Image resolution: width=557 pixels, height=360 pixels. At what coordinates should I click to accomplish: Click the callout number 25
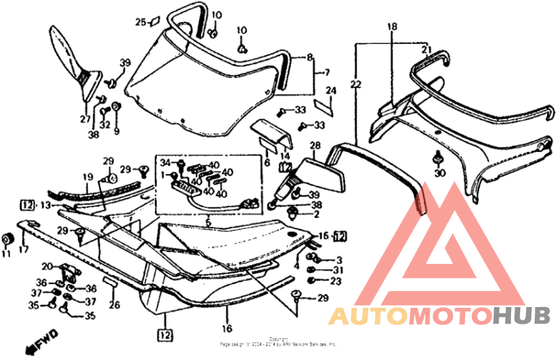pos(139,22)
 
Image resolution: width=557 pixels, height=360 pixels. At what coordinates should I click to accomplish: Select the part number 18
pos(392,26)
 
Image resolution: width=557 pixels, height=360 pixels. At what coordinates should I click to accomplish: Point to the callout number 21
pos(426,49)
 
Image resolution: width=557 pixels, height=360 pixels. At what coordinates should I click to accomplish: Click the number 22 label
pos(356,85)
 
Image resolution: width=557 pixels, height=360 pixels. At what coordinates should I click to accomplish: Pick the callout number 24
pos(331,91)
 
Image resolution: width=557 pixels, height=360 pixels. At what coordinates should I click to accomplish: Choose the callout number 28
pos(315,146)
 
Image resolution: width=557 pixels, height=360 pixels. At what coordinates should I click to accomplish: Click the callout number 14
pos(285,157)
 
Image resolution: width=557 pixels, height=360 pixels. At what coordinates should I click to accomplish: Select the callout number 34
pos(165,164)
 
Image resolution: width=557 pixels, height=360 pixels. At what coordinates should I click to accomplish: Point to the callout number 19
pos(88,177)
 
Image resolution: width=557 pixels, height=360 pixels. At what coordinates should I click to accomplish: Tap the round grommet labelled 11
pos(8,240)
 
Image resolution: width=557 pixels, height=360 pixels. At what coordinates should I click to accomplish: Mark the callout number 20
pos(47,267)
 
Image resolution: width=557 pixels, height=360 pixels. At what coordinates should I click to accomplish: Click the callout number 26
pos(114,304)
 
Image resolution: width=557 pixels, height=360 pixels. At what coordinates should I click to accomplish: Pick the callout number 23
pos(336,281)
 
